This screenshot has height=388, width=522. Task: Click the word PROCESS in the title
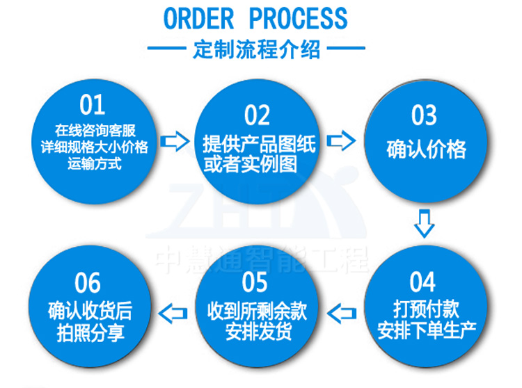click(x=297, y=19)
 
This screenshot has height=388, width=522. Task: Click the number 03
click(x=425, y=115)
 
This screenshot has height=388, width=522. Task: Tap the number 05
click(x=255, y=282)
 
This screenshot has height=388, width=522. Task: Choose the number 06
click(x=88, y=282)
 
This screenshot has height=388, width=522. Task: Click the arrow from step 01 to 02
click(x=175, y=143)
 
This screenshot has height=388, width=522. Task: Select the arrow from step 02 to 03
click(x=341, y=141)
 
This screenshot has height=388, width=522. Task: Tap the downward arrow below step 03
click(x=424, y=224)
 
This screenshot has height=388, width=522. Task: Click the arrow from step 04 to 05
click(x=341, y=314)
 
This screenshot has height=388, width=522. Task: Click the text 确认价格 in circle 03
click(x=426, y=149)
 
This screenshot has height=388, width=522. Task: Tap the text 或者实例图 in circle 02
click(x=250, y=164)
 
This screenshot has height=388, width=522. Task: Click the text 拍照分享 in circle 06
click(x=90, y=331)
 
